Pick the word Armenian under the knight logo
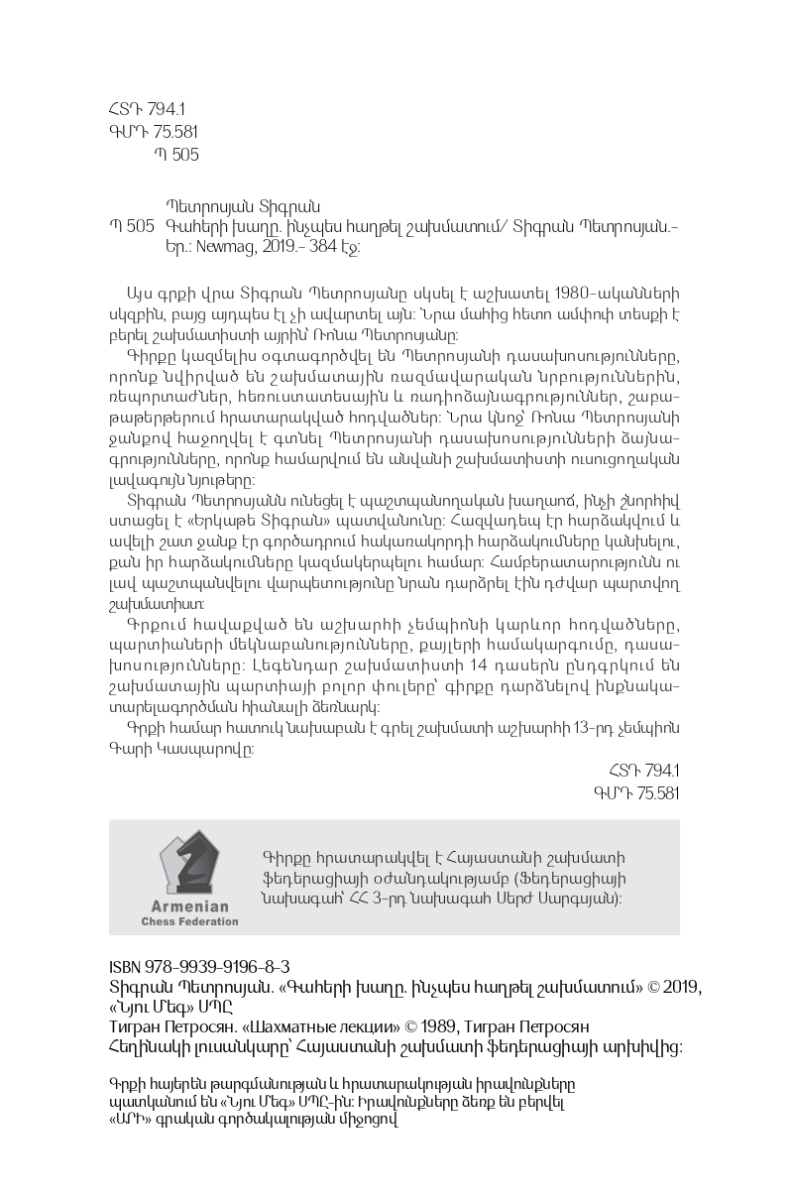189,906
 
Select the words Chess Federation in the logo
189,921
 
